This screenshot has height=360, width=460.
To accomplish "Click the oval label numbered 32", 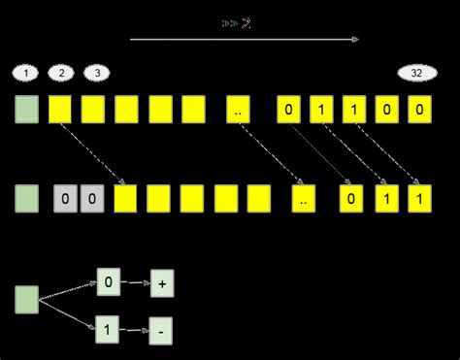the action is point(416,74).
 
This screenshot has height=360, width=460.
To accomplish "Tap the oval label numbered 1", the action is point(27,74).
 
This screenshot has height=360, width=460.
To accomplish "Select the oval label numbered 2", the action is point(60,74).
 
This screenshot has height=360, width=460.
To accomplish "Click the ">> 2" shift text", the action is point(237,22).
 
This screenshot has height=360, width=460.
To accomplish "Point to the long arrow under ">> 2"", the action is point(244,40).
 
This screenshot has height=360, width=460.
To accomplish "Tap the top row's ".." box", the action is point(238,110).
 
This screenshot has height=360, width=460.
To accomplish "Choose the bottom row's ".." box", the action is point(305,200).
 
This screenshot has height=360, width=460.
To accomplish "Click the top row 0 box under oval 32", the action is point(417,110).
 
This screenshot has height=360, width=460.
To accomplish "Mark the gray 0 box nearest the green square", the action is point(64,200).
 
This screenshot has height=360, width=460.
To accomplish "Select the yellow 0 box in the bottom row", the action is point(351,200).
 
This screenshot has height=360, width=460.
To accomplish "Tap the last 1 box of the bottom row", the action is point(417,200).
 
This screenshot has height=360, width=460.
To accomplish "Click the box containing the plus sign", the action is point(162,284).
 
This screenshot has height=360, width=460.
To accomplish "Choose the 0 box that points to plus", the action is point(109,284).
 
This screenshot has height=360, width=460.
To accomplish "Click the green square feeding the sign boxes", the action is point(27,300).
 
